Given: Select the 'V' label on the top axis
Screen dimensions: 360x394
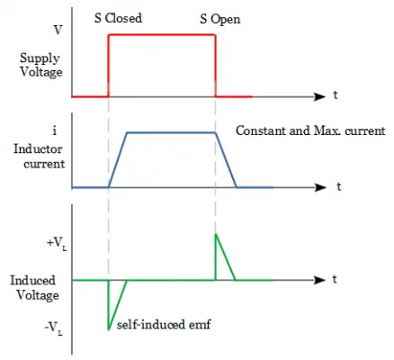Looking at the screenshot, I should pyautogui.click(x=58, y=30).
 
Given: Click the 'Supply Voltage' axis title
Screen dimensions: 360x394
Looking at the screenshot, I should pyautogui.click(x=41, y=65).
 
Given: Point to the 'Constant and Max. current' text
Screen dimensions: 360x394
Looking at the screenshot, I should pyautogui.click(x=310, y=131).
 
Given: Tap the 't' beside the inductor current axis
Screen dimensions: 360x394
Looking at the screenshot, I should pyautogui.click(x=338, y=187).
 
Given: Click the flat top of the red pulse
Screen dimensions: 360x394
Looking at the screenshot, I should pyautogui.click(x=162, y=35).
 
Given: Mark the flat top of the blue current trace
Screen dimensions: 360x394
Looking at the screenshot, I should pyautogui.click(x=172, y=133).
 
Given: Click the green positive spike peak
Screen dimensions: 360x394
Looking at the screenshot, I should pyautogui.click(x=215, y=235).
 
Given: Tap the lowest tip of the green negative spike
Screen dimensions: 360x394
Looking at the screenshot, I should pyautogui.click(x=109, y=328).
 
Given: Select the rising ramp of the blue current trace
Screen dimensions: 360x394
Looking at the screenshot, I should pyautogui.click(x=118, y=159).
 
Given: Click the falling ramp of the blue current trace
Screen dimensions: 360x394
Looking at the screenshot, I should pyautogui.click(x=226, y=160).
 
